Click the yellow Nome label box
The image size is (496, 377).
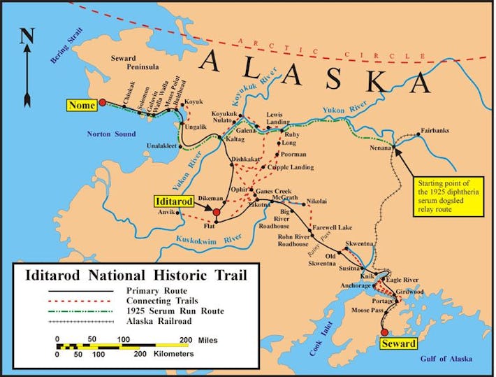(82, 106)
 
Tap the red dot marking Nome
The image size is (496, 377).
(103, 102)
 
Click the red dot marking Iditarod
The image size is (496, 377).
(216, 211)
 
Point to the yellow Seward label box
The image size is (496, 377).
(399, 343)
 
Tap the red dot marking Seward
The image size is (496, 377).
(384, 332)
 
